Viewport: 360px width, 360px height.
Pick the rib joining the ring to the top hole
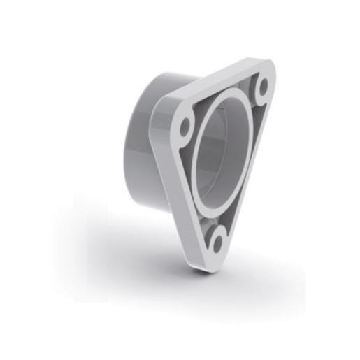click(253, 98)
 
